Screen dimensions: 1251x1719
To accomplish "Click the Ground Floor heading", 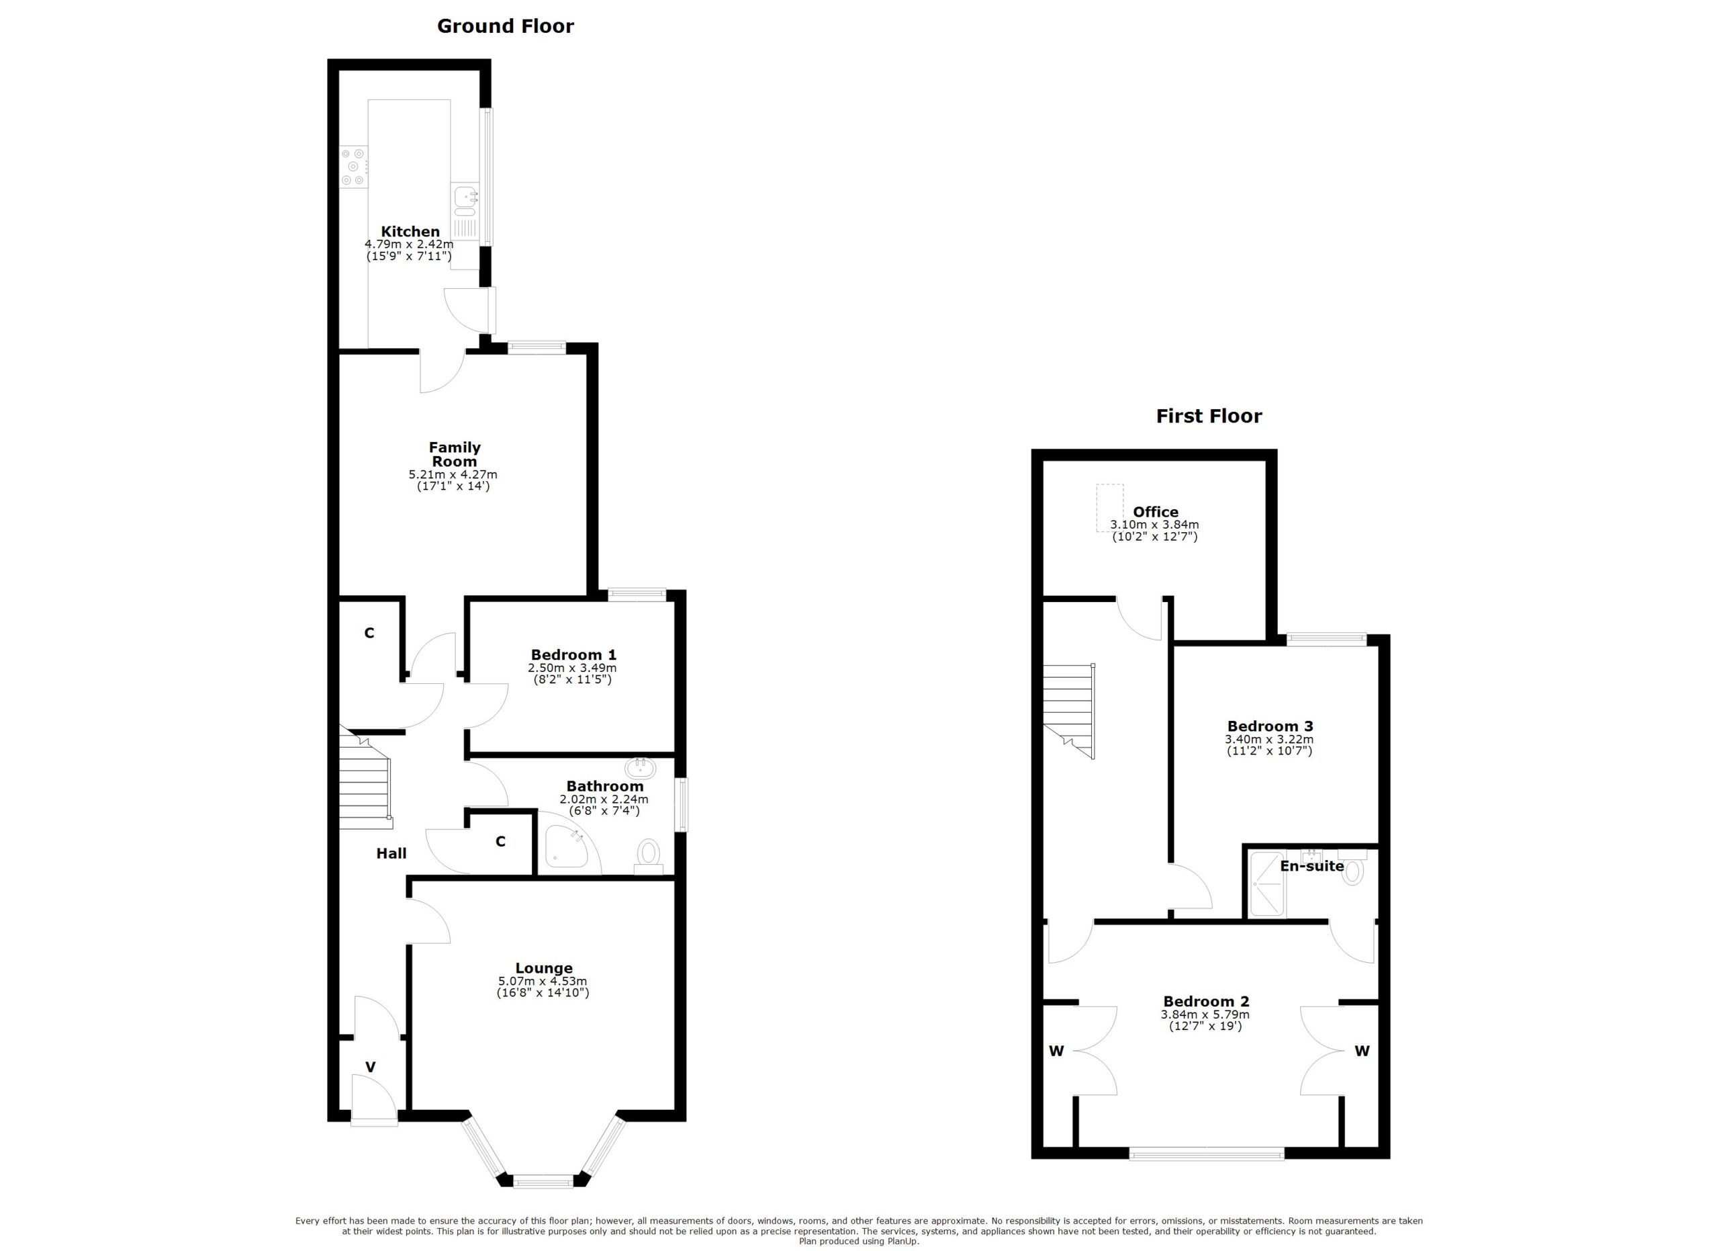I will (x=505, y=26).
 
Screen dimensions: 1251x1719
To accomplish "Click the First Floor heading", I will (x=1208, y=417).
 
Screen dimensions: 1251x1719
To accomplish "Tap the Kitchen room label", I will (x=410, y=232).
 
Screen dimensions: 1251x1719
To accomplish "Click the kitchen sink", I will (x=465, y=198).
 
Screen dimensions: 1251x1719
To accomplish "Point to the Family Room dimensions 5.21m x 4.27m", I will (x=453, y=474).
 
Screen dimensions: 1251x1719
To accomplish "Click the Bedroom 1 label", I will (x=573, y=655).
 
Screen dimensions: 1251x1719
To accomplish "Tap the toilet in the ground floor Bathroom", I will (x=648, y=854).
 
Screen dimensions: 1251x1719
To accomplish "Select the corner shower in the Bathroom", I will (x=566, y=847).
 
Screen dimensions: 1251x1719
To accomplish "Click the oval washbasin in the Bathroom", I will (x=641, y=768).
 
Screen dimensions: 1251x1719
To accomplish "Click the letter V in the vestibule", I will (x=371, y=1068).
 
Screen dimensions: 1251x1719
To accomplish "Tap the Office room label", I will (x=1155, y=512).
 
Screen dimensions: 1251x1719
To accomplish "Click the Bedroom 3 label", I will (x=1270, y=726).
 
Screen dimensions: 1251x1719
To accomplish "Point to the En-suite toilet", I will (x=1352, y=873).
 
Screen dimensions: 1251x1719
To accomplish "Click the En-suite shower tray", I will (x=1266, y=884).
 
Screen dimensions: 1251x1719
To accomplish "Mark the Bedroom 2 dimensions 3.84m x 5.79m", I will (x=1205, y=1015).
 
